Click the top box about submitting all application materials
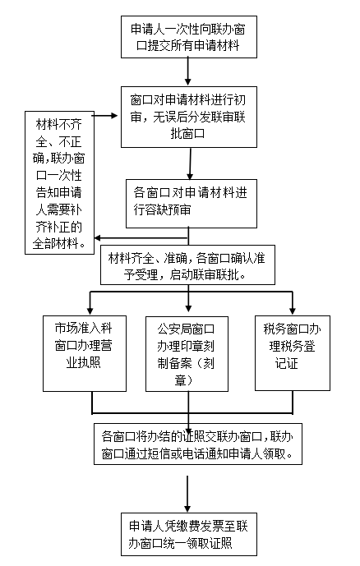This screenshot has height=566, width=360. [x=189, y=37]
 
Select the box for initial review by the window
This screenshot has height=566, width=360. [x=189, y=117]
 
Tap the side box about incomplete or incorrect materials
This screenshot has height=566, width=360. [x=59, y=182]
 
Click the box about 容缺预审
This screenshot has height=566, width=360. [x=192, y=204]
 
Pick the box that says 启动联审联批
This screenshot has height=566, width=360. [x=187, y=265]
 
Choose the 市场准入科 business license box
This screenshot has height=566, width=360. [x=85, y=354]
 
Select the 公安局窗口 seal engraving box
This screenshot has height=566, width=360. [x=187, y=354]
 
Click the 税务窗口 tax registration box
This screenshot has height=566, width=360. [x=293, y=353]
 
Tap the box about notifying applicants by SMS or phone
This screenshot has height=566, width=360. [x=198, y=444]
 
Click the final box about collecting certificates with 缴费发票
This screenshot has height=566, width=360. [x=189, y=534]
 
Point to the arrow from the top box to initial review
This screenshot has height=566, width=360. [x=187, y=71]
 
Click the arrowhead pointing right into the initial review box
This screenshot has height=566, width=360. [x=114, y=116]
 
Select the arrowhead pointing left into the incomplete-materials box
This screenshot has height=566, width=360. [x=98, y=238]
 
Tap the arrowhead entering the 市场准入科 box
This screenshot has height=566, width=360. [x=90, y=311]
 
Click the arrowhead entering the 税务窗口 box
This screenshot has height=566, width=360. [x=293, y=311]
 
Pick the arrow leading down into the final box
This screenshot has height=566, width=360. [x=187, y=494]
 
